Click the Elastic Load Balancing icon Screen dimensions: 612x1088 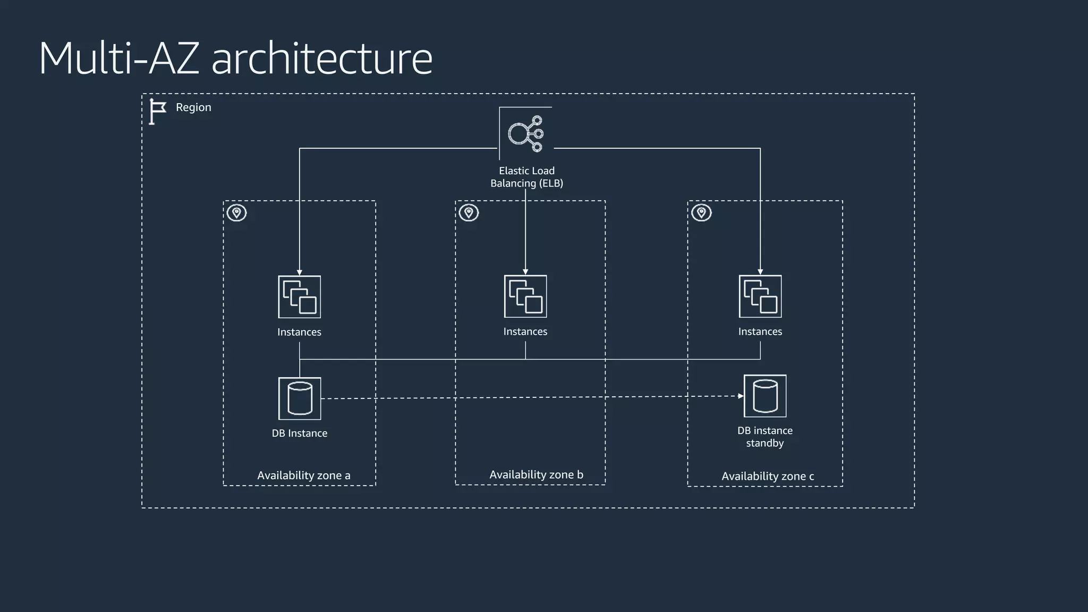point(525,133)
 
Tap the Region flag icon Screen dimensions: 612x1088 point(157,112)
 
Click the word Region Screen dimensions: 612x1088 point(193,107)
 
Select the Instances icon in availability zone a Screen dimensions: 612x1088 point(299,297)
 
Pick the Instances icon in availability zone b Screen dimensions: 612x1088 point(525,296)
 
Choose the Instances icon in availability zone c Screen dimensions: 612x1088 point(760,296)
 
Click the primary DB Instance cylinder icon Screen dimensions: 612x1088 point(300,398)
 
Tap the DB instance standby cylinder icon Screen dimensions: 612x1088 point(765,396)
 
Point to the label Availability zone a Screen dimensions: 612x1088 point(304,475)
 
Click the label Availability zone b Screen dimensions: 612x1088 point(536,475)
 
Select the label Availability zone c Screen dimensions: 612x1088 point(768,477)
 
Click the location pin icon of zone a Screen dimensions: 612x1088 point(237,213)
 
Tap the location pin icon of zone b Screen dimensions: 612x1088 point(469,213)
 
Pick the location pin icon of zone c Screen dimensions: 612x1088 point(701,213)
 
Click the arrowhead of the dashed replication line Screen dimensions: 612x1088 point(741,396)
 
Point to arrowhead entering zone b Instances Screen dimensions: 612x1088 point(525,272)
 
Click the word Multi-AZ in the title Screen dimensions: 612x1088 point(119,58)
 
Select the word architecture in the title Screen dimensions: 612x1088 point(322,58)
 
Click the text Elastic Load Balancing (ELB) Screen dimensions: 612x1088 point(526,177)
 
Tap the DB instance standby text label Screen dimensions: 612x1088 point(765,437)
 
